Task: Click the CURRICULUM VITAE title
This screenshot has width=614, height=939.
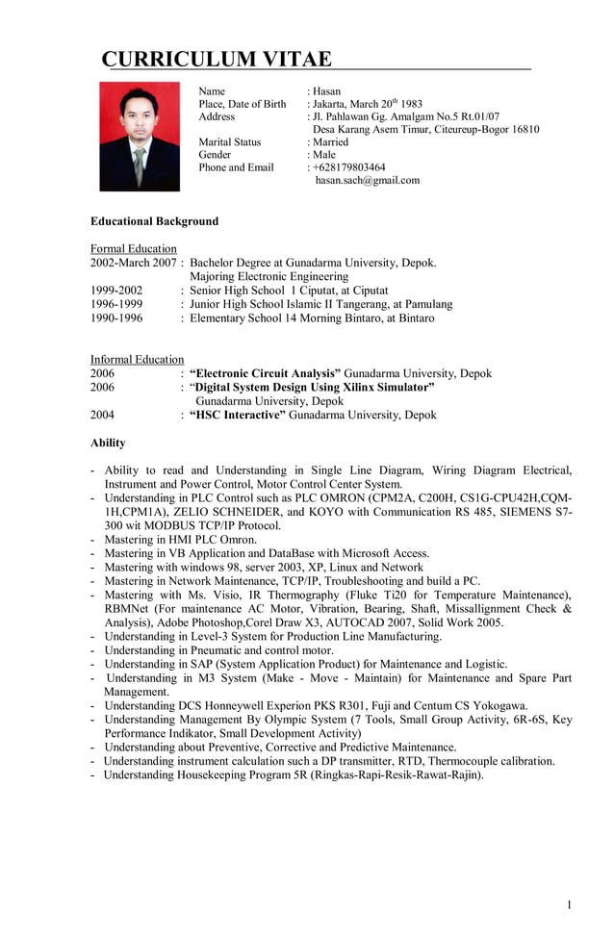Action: (x=217, y=59)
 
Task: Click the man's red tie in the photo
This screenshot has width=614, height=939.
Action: (x=140, y=165)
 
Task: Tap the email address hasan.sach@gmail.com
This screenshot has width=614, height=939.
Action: (x=367, y=180)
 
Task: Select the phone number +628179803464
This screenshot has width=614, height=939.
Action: (x=349, y=167)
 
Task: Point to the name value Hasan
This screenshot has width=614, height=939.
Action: (x=327, y=91)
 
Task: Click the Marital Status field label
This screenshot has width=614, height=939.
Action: (x=229, y=141)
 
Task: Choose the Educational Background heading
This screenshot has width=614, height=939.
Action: (x=154, y=221)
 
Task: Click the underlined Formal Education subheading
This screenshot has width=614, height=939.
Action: (x=134, y=248)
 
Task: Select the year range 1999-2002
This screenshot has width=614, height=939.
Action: (x=116, y=290)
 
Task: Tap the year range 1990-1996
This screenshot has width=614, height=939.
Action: (x=116, y=317)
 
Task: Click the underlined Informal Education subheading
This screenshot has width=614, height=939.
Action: (x=138, y=359)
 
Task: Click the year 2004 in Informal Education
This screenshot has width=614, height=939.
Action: (x=103, y=415)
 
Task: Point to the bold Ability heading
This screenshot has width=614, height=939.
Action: (x=108, y=443)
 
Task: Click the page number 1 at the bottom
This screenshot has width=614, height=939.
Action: (x=569, y=904)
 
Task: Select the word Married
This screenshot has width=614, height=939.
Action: (x=331, y=141)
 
